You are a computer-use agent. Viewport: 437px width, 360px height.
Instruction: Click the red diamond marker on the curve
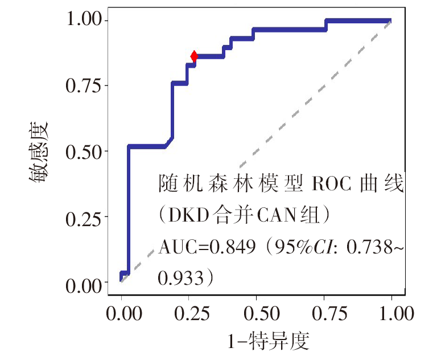click(x=194, y=56)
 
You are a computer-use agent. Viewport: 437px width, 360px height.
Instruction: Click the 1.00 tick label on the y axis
click(x=85, y=20)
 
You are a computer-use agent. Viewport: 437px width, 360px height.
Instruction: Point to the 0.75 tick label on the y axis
click(x=85, y=85)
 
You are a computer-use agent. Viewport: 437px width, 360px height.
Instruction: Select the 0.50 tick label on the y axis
click(x=85, y=152)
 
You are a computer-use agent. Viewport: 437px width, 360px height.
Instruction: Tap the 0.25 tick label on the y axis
click(x=85, y=218)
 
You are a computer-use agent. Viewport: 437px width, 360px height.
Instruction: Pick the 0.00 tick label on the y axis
click(x=85, y=283)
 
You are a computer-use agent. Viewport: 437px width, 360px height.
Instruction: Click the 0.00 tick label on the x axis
click(x=122, y=313)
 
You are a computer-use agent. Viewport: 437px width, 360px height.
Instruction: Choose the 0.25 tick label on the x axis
click(x=189, y=313)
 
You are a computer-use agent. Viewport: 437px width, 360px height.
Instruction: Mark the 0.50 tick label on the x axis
click(x=257, y=313)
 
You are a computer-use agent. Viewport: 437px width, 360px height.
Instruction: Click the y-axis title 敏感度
click(x=39, y=152)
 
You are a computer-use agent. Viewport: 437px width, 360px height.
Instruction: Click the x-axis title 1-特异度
click(x=267, y=342)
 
